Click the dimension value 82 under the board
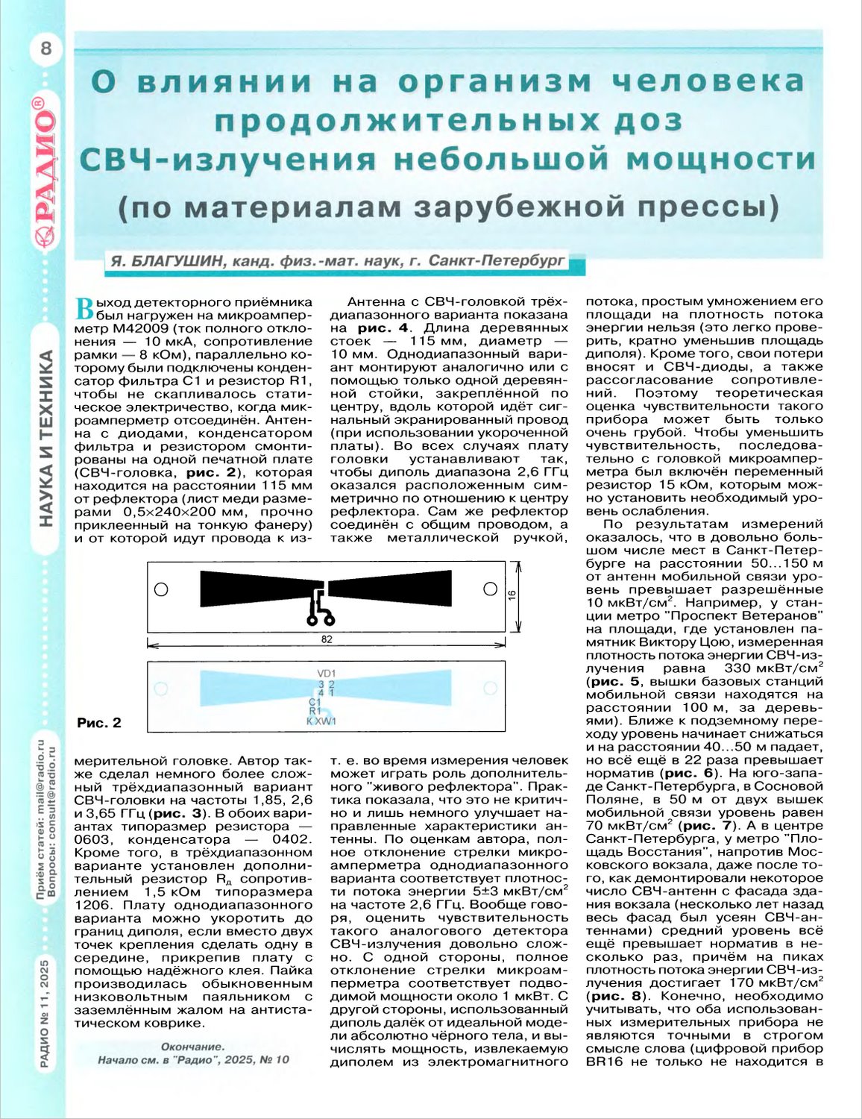pyautogui.click(x=327, y=639)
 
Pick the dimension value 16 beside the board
pyautogui.click(x=512, y=595)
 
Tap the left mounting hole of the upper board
pyautogui.click(x=161, y=589)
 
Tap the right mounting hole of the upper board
pyautogui.click(x=490, y=589)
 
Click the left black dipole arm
pyautogui.click(x=254, y=588)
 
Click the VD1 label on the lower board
pyautogui.click(x=327, y=674)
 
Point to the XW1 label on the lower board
pyautogui.click(x=326, y=721)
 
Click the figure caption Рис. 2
pyautogui.click(x=98, y=723)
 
